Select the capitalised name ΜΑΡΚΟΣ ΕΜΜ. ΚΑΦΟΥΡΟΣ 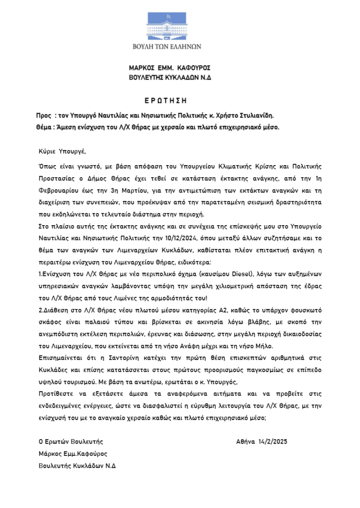[170, 68]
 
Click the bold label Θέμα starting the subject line [45, 127]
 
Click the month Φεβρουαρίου [60, 190]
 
